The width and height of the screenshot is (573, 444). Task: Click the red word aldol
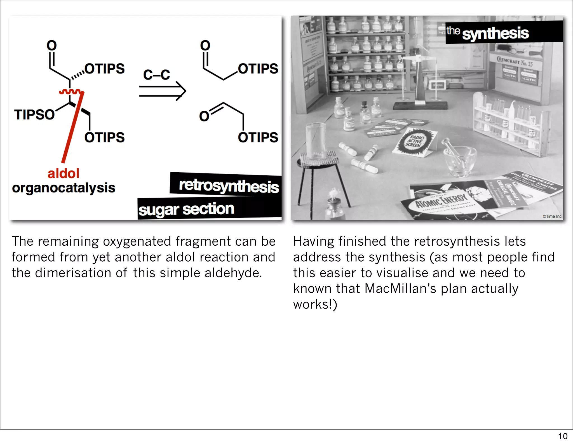tap(64, 173)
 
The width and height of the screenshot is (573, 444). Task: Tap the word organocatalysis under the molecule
tap(64, 188)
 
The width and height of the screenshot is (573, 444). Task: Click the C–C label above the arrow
tap(156, 75)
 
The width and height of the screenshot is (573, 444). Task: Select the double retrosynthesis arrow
tap(162, 91)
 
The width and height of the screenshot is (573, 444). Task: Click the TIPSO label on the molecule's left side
tap(34, 115)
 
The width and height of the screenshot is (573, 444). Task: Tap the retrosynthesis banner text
tap(229, 186)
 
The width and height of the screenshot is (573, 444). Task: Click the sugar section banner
tap(186, 209)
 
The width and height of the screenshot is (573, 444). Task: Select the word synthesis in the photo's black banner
tap(495, 34)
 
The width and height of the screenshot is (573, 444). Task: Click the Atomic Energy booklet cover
tap(442, 203)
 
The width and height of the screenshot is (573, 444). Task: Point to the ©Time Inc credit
tap(552, 216)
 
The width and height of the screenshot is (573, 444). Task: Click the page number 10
tap(563, 436)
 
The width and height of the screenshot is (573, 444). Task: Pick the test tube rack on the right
tap(509, 123)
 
